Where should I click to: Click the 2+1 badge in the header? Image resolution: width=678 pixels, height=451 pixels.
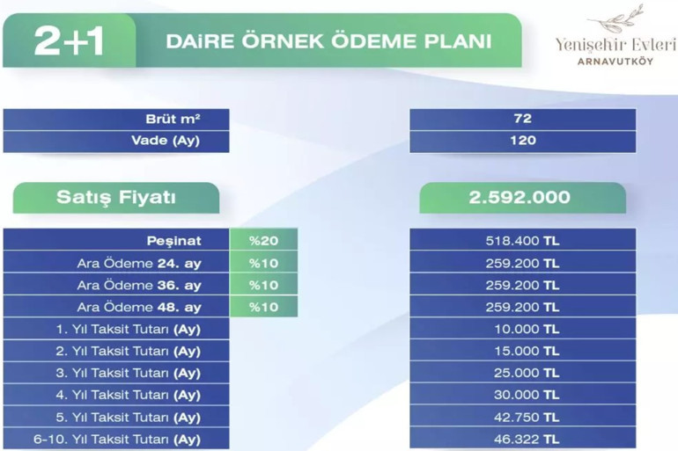point(69,41)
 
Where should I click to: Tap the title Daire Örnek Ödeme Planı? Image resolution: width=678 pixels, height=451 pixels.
point(328,41)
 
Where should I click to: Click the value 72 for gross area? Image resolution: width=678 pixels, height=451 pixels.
point(522,119)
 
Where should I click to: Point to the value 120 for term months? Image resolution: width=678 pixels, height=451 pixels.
point(522,141)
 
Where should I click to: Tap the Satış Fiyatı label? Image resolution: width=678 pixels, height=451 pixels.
point(115,198)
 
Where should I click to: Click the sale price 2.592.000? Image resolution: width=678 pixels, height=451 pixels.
point(522,198)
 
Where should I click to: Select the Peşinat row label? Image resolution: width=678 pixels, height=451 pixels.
point(174,240)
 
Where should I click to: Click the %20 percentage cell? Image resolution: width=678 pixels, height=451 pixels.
point(263,240)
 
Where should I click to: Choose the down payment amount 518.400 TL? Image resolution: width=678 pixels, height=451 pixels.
point(522,240)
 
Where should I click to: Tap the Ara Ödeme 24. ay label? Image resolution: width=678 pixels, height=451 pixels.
point(139,263)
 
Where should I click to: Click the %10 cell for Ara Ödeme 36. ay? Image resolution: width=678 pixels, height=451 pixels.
point(263,285)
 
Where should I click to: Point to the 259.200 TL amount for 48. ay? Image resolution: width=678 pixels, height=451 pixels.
point(522,307)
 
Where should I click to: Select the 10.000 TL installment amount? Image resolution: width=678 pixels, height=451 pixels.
point(522,329)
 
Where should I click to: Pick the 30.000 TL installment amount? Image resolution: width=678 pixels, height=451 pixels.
point(522,395)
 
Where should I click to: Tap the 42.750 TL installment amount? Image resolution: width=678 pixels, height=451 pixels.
point(522,417)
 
